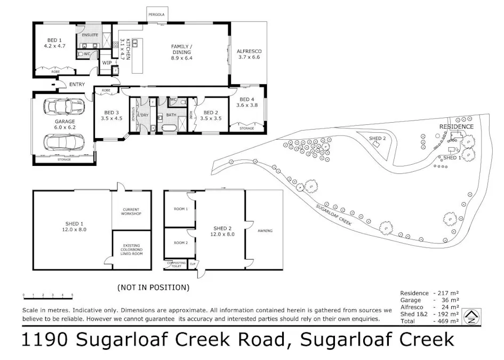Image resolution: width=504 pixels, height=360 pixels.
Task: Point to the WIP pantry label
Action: (x=106, y=62)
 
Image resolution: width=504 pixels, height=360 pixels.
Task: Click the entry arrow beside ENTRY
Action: (x=53, y=84)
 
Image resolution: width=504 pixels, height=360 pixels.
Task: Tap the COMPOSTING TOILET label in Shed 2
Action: (x=175, y=265)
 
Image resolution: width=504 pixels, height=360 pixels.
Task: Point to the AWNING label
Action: (x=265, y=231)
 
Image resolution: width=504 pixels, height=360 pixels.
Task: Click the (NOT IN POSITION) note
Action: (x=153, y=287)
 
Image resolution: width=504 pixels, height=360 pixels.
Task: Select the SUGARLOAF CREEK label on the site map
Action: (x=333, y=215)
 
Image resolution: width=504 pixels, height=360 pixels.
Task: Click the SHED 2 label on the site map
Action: (x=377, y=138)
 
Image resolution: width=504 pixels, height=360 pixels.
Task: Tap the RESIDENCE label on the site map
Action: (x=456, y=126)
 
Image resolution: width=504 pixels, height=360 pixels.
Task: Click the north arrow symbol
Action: (x=471, y=317)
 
